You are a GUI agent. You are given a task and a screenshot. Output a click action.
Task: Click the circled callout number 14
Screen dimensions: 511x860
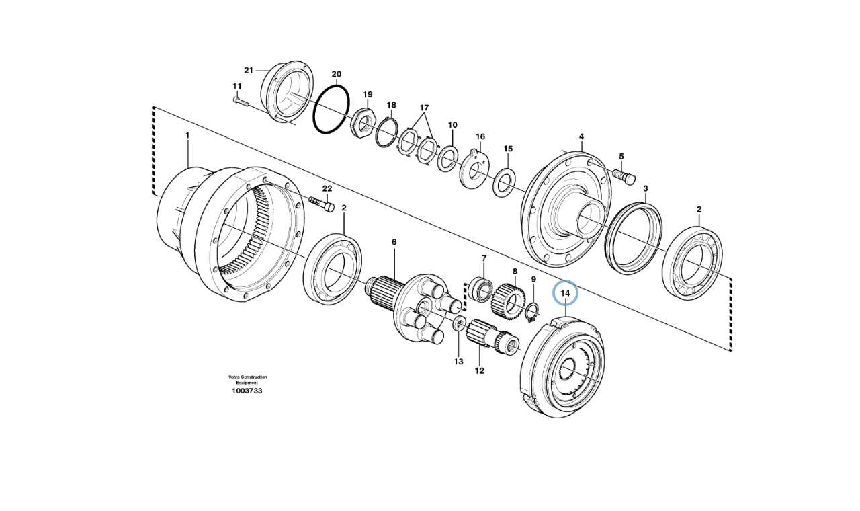tap(565, 293)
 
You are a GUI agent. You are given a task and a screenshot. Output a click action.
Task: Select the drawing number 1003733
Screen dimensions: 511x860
tap(247, 391)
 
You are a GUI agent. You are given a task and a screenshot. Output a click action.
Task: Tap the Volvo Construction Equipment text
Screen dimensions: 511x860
tap(247, 379)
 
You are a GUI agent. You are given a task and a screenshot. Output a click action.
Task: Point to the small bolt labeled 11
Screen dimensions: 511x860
tap(241, 102)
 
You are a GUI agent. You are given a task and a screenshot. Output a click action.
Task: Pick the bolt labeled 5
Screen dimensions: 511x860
tap(625, 176)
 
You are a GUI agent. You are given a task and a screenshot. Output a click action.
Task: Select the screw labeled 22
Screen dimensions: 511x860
tap(322, 204)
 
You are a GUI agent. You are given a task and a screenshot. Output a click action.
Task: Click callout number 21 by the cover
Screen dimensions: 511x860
tap(249, 70)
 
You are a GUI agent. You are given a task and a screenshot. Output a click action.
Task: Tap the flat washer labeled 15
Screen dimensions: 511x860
tap(505, 183)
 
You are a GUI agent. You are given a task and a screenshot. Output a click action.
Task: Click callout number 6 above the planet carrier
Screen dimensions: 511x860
tap(394, 241)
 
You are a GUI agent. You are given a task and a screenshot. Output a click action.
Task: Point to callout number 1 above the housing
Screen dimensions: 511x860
tap(187, 135)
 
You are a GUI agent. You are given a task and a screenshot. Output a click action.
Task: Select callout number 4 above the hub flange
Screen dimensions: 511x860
tap(581, 136)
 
